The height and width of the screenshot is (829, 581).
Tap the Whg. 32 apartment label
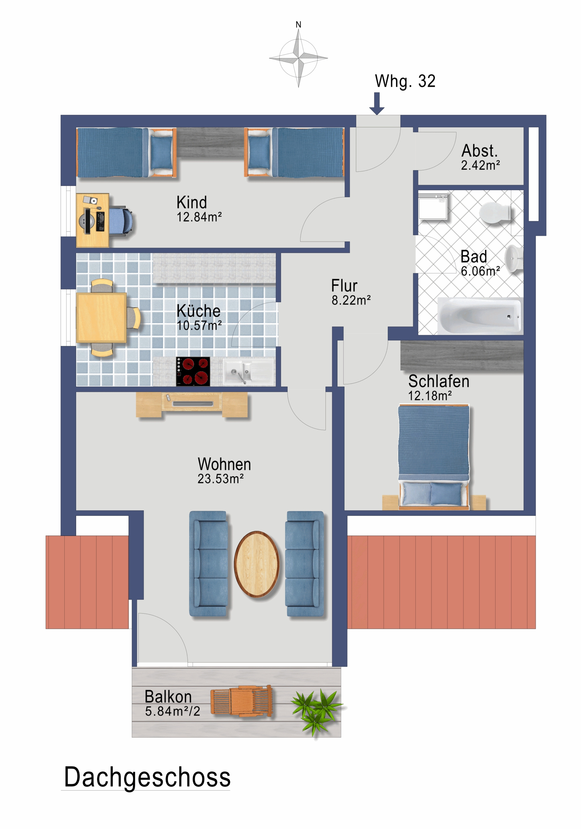[405, 81]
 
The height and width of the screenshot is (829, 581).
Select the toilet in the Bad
[495, 213]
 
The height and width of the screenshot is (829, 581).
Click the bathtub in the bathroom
[480, 315]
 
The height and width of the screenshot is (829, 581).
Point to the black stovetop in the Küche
[193, 371]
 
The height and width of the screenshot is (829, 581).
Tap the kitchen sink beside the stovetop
[248, 371]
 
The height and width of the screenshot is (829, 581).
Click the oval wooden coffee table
[257, 564]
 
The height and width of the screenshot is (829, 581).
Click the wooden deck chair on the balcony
[241, 701]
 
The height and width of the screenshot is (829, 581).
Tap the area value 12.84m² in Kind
[199, 217]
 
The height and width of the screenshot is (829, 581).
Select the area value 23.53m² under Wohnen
[220, 479]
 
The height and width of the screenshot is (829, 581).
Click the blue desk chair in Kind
[120, 221]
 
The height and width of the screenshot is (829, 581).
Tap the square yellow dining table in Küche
[101, 317]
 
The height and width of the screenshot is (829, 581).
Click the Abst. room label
[479, 151]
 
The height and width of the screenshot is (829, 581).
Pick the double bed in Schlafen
[433, 457]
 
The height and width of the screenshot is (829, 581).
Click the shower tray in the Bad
[433, 207]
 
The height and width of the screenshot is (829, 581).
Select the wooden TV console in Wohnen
[192, 404]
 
